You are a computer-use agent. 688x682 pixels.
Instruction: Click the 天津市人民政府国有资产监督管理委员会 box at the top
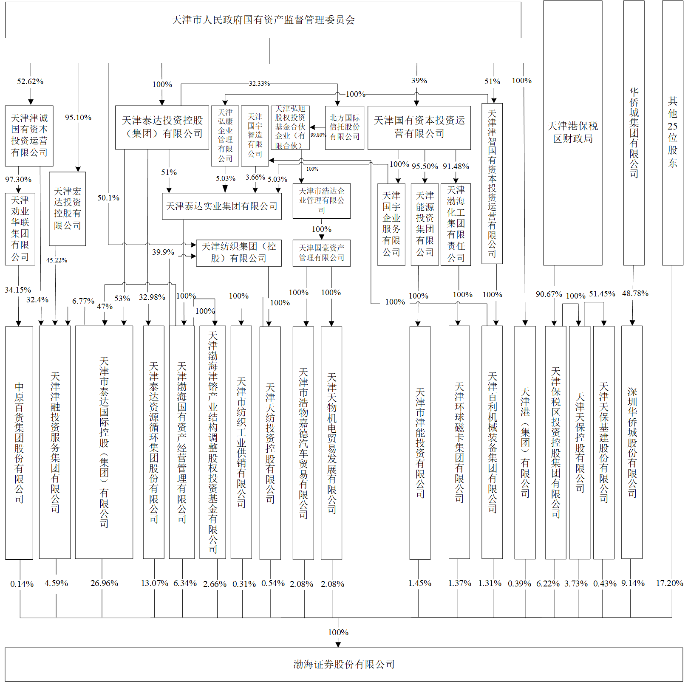tap(263, 20)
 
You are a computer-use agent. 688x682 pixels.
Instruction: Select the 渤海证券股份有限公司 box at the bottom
tap(344, 664)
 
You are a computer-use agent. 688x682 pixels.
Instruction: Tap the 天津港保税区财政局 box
tap(572, 132)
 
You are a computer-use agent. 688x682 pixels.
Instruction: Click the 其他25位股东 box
tap(672, 132)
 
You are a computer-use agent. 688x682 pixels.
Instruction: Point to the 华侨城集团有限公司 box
tap(634, 132)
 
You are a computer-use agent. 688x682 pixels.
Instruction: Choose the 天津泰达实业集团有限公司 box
tap(221, 206)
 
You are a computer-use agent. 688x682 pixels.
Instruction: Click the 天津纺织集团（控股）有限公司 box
tap(238, 253)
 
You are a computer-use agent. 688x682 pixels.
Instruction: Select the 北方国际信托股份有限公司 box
tap(345, 127)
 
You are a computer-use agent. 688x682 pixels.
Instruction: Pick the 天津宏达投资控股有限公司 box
tap(67, 209)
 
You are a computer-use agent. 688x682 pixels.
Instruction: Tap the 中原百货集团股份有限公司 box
tap(19, 442)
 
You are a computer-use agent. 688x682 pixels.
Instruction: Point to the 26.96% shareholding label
tap(104, 583)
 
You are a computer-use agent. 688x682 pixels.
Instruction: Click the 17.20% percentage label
tap(669, 583)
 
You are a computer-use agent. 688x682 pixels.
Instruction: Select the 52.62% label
tap(30, 82)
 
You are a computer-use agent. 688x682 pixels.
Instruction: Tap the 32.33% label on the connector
tap(259, 84)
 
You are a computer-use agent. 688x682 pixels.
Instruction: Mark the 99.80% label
tap(318, 135)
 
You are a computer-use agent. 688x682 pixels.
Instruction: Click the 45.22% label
tap(57, 260)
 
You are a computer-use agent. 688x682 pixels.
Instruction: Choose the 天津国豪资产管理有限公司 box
tap(321, 253)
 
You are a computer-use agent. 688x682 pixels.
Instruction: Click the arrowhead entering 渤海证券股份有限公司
tap(338, 645)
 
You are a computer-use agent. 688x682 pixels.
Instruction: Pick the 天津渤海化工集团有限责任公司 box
tap(456, 224)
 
